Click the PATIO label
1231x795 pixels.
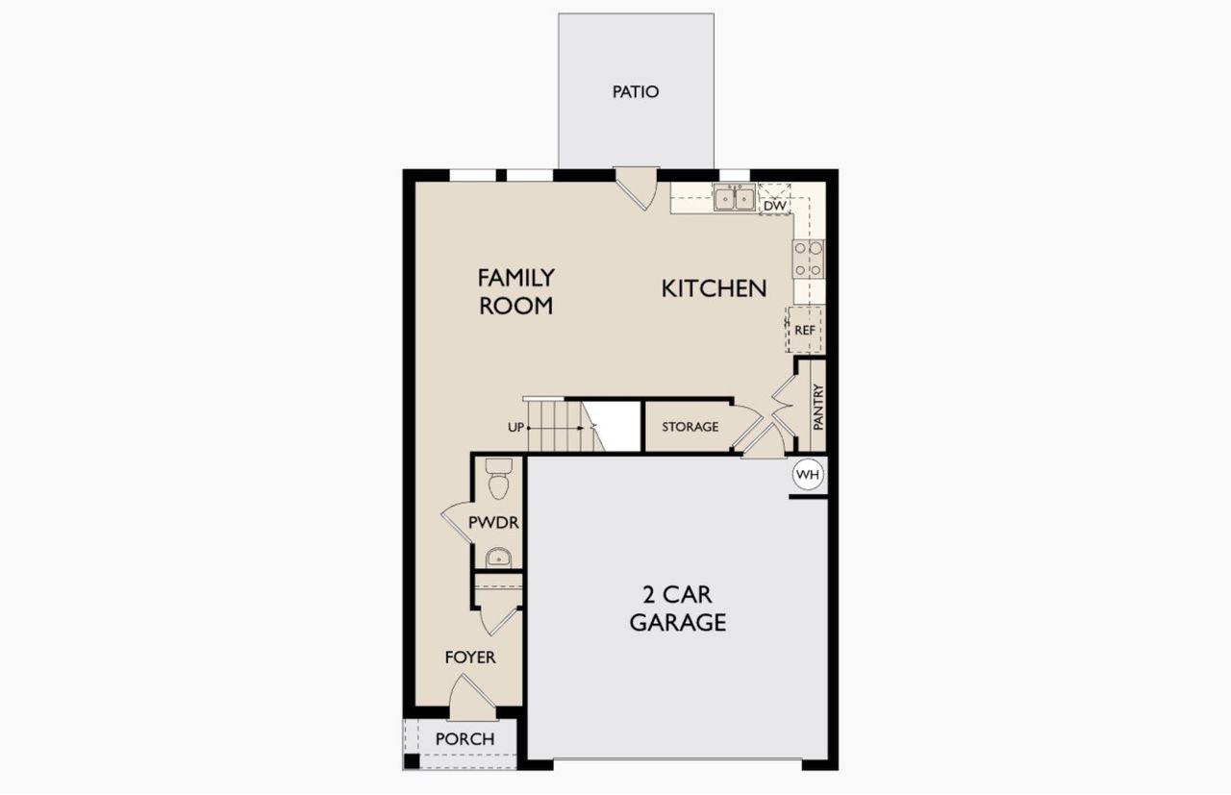636,92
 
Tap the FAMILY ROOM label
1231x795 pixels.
516,291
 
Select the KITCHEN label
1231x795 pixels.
714,287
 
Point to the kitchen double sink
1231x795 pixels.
734,198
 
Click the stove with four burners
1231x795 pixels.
808,259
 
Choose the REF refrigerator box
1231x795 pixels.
805,330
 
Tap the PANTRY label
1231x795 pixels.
817,406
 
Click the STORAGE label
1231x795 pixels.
690,426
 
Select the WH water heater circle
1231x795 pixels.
808,474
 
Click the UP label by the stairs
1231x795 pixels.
515,427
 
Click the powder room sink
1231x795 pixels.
498,557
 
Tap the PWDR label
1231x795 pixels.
493,523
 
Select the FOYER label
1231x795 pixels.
469,658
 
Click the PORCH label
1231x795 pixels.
465,738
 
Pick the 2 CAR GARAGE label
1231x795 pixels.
677,609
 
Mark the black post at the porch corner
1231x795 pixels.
412,761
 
